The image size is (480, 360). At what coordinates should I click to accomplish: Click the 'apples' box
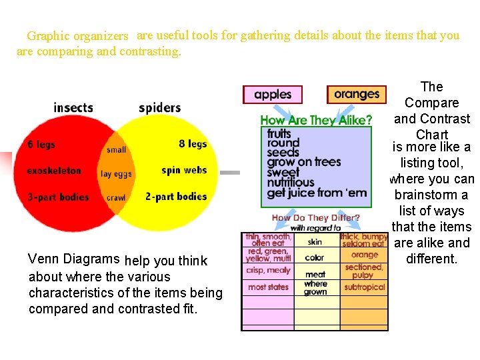[273, 95]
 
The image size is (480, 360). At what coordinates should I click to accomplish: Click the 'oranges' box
[357, 94]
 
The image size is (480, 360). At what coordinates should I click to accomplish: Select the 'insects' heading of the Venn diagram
[73, 107]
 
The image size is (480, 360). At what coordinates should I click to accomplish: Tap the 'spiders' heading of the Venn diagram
[160, 107]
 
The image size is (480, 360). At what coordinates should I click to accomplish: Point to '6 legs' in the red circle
[41, 145]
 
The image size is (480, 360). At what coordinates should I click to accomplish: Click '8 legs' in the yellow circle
[193, 144]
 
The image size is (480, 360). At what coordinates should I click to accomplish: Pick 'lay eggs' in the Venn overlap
[116, 174]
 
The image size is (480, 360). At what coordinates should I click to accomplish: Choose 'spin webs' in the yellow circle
[184, 171]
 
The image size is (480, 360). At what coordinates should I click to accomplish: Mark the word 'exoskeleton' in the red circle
[54, 171]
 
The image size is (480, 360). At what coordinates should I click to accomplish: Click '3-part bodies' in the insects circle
[58, 197]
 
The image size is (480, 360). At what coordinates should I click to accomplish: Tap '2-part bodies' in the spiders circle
[176, 197]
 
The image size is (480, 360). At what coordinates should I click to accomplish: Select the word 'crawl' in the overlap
[116, 198]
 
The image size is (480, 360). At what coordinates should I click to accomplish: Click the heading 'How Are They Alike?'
[316, 120]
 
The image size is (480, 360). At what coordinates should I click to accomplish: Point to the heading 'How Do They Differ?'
[315, 218]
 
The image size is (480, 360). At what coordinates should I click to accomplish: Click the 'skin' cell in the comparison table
[315, 242]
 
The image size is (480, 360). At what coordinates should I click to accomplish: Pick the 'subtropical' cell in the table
[365, 287]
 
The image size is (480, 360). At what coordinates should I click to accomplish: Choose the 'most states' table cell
[268, 287]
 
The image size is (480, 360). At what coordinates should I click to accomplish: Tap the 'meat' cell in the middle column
[315, 274]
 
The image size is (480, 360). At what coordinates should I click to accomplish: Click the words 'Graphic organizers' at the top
[77, 36]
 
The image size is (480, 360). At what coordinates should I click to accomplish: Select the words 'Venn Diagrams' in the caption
[75, 259]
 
